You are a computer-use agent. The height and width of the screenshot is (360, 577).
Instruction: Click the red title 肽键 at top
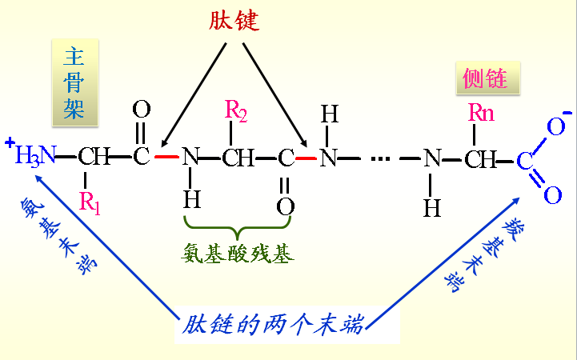tap(234, 20)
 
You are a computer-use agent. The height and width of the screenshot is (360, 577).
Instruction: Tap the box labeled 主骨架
tap(74, 82)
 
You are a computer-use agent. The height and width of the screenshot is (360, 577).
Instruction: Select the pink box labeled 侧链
tap(485, 78)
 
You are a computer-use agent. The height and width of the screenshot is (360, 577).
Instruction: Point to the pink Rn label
tap(481, 113)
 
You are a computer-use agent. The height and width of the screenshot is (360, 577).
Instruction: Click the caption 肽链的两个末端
tap(273, 325)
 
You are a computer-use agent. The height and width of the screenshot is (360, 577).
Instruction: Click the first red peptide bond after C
tap(166, 157)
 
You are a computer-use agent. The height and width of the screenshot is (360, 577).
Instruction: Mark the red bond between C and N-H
tap(307, 158)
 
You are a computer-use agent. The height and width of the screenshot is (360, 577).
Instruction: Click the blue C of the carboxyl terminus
tap(524, 161)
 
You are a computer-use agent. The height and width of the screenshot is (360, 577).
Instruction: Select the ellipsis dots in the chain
tap(380, 158)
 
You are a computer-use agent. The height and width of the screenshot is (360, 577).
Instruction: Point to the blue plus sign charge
tap(10, 143)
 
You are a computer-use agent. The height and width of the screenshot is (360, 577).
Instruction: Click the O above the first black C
tap(142, 110)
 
